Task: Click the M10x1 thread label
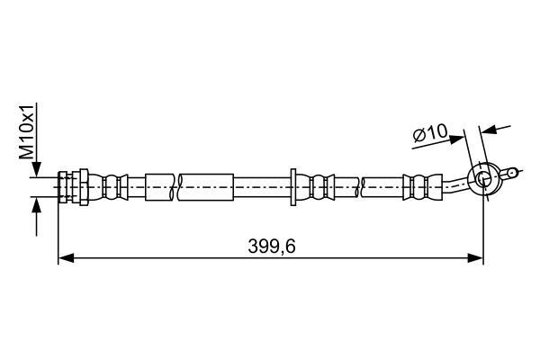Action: coord(27,131)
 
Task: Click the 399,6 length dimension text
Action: coord(272,246)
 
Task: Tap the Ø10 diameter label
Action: coord(430,133)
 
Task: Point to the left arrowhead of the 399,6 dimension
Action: coord(66,257)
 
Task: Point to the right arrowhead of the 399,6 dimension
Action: coord(475,257)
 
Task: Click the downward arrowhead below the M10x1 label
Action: coord(36,169)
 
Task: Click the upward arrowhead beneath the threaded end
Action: coord(36,205)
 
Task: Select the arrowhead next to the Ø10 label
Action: coord(456,139)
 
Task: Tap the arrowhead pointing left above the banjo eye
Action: coord(489,130)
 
